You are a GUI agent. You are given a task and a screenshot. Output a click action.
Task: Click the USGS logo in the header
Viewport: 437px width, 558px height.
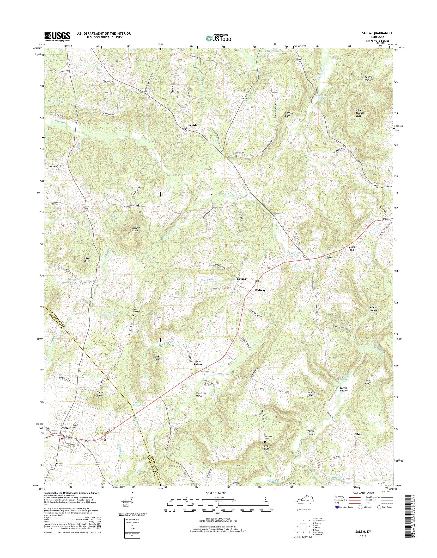(x=57, y=37)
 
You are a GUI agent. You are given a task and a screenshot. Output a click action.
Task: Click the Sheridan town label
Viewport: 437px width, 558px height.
(x=193, y=125)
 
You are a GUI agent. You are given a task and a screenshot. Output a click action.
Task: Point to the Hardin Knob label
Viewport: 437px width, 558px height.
(x=135, y=229)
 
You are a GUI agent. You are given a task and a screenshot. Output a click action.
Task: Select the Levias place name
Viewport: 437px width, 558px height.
(x=242, y=279)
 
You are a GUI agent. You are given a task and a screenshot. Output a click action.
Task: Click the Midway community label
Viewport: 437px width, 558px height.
(x=260, y=290)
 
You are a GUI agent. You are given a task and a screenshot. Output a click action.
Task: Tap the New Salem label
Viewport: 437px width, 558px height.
(x=198, y=363)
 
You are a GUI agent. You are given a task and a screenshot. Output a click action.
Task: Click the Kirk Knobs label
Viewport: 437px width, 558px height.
(x=158, y=358)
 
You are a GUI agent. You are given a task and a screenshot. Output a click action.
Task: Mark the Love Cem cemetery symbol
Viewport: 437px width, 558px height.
(x=237, y=156)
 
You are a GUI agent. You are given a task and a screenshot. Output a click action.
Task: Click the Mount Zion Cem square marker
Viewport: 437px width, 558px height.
(x=133, y=315)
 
